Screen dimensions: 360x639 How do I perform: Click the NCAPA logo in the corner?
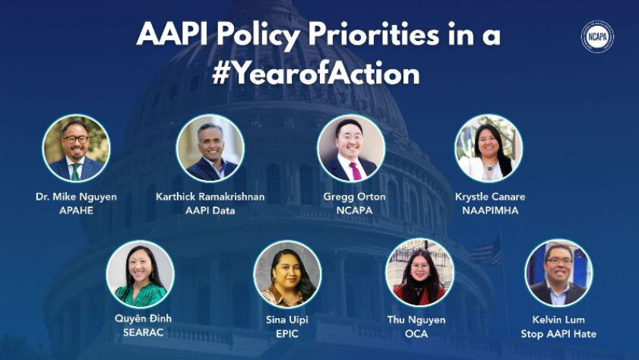tap(597, 36)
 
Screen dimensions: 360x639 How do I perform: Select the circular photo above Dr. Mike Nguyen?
tap(76, 148)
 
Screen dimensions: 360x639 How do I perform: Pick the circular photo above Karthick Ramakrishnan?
tap(210, 148)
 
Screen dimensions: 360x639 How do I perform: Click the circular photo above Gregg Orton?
tap(350, 148)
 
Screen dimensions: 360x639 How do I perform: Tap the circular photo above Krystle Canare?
tap(489, 148)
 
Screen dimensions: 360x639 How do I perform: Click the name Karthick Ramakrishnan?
tap(210, 197)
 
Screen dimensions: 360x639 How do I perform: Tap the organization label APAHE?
tap(76, 210)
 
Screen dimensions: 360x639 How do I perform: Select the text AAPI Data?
tap(210, 210)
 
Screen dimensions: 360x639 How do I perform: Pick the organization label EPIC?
tap(287, 333)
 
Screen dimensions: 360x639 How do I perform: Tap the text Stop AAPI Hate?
tap(558, 333)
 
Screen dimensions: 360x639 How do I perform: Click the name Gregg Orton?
tap(350, 197)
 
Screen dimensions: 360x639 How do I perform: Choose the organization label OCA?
tap(420, 333)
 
